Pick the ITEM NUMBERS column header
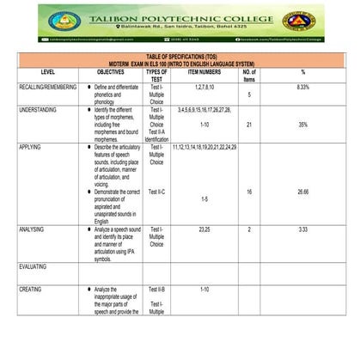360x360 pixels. click(x=204, y=72)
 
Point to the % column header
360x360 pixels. click(x=302, y=72)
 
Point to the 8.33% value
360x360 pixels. click(x=302, y=88)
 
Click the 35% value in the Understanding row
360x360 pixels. click(x=302, y=125)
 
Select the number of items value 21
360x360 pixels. click(x=248, y=125)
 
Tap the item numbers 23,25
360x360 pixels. click(x=204, y=230)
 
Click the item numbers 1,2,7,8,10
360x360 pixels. click(x=204, y=88)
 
